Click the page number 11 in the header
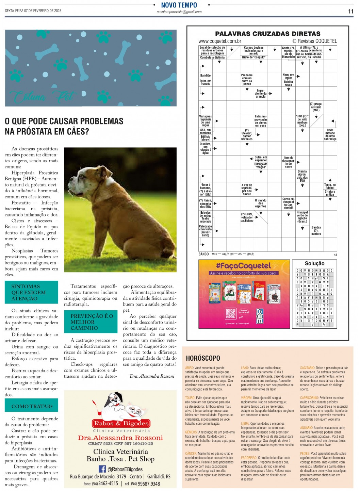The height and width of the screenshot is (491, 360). tap(351, 11)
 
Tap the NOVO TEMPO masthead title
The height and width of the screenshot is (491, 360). tap(179, 5)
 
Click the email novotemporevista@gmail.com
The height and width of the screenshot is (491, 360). tap(179, 12)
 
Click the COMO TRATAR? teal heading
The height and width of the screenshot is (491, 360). tap(32, 406)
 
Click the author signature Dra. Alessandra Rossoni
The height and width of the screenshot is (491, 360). tap(152, 376)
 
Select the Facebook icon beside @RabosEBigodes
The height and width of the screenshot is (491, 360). tap(102, 469)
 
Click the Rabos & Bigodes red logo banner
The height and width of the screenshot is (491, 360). tap(121, 423)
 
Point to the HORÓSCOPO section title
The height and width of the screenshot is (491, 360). tap(203, 358)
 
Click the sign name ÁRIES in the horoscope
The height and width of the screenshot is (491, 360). tap(189, 368)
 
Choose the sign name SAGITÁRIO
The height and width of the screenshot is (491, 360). tap(307, 368)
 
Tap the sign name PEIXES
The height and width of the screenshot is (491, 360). tap(305, 454)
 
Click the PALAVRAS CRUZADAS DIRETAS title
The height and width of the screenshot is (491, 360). tap(267, 34)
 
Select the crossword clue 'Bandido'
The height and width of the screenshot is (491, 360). tap(205, 76)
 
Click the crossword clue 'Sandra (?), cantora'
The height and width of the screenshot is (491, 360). tap(316, 230)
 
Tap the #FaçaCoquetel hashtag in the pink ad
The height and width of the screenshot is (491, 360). tap(243, 266)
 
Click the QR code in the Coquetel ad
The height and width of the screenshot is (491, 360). tap(231, 313)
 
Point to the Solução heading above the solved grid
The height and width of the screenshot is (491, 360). tap(314, 263)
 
